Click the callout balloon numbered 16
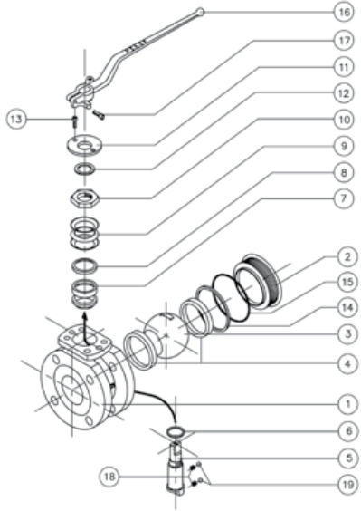coord(344,13)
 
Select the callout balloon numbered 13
coord(15,120)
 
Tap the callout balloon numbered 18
coord(109,477)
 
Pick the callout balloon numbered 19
coord(348,485)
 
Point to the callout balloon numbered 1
coord(347,404)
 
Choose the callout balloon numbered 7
coord(344,198)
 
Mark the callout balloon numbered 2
coord(347,256)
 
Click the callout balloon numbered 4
coord(347,363)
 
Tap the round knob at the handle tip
coord(201,12)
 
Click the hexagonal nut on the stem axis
coord(85,198)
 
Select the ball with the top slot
coord(166,335)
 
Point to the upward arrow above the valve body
coord(85,328)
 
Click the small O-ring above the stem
coord(176,432)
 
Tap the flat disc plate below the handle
coord(85,144)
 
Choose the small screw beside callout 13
coord(74,122)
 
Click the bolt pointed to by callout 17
coord(99,114)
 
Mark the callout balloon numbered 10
coord(344,120)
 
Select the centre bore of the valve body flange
coord(73,389)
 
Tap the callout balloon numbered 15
coord(347,281)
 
